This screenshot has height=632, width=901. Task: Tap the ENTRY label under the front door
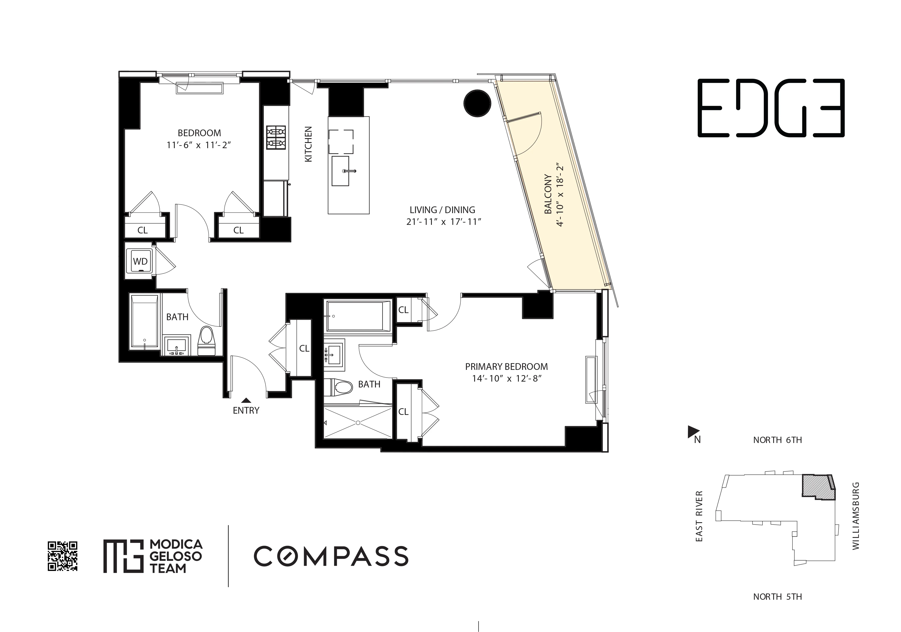point(246,411)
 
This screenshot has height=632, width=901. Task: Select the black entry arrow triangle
point(246,400)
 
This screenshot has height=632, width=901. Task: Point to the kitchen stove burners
point(276,137)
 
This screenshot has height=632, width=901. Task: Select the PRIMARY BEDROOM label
point(506,367)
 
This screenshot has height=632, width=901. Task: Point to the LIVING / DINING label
point(442,210)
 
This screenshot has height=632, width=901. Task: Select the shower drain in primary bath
point(358,423)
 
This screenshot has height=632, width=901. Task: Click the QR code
point(62,556)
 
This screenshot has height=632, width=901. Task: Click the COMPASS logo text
point(331,556)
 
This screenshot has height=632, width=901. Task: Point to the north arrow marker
point(691,432)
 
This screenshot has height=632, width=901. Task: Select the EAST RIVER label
point(699,516)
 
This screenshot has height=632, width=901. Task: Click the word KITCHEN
point(308,144)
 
